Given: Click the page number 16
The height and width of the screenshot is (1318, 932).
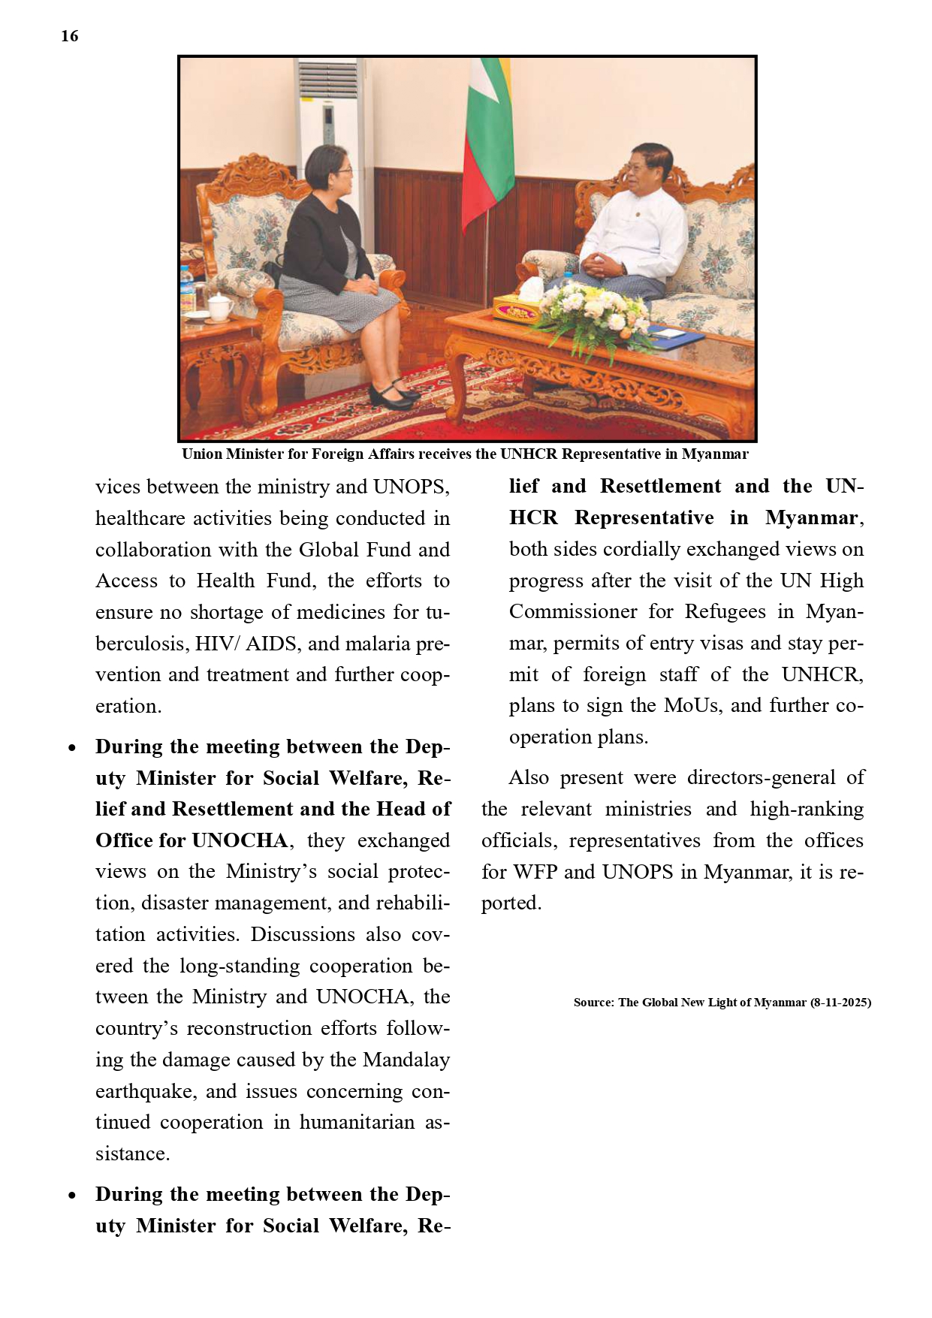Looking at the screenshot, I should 69,36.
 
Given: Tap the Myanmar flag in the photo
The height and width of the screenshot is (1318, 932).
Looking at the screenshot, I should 486,143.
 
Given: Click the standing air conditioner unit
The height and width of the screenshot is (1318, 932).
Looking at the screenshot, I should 328,120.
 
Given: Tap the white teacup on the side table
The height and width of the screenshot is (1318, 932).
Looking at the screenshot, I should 219,306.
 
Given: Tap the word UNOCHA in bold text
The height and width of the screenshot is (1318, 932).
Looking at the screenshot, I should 240,840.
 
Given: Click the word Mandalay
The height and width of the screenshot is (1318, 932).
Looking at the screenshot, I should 406,1060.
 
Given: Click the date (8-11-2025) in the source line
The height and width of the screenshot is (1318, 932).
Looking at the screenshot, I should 840,1003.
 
